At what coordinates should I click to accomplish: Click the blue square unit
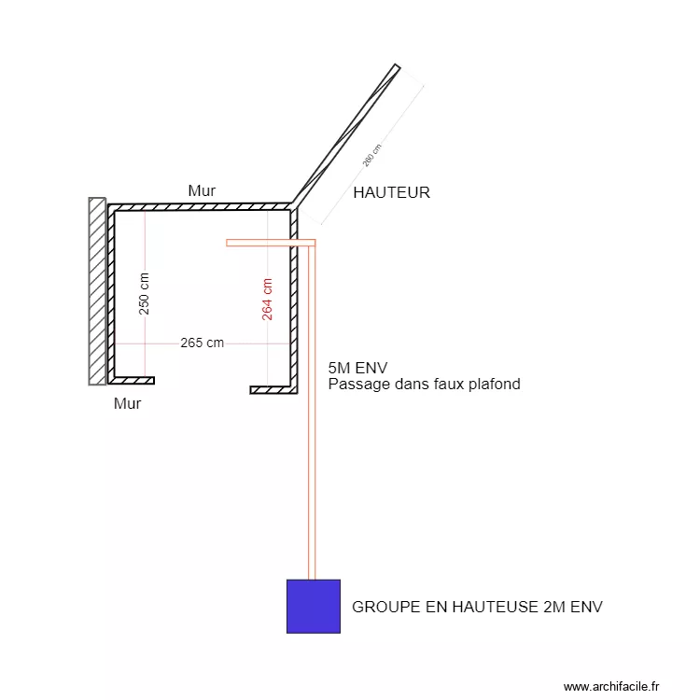[314, 607]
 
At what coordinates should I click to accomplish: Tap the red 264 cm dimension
[267, 299]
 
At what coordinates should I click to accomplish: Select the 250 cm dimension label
[144, 294]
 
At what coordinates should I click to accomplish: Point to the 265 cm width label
[203, 343]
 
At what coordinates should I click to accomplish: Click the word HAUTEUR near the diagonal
[391, 193]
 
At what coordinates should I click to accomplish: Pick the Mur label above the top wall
[202, 190]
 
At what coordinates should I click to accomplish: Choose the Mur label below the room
[127, 403]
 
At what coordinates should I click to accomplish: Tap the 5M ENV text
[357, 368]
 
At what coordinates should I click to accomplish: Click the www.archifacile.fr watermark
[611, 686]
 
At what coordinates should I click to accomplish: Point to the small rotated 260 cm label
[371, 156]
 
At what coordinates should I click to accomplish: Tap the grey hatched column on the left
[97, 291]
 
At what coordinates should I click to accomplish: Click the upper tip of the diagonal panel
[397, 64]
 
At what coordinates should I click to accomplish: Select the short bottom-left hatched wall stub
[133, 381]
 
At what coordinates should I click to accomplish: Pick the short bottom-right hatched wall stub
[273, 390]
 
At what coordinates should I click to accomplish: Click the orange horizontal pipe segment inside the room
[271, 243]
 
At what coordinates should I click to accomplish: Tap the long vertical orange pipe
[312, 411]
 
